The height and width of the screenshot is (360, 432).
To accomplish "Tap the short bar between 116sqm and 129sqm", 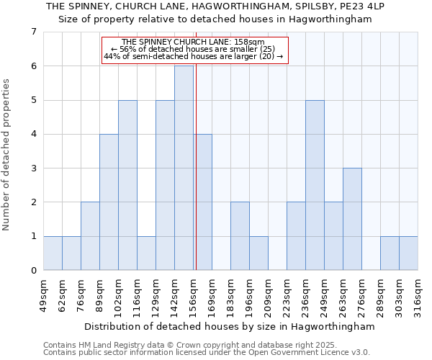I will point(146,253).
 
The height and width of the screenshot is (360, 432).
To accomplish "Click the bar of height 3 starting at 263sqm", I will point(352,219).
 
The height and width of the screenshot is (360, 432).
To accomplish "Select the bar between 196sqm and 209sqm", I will point(258,253).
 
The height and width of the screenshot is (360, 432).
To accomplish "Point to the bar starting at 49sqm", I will point(53,253).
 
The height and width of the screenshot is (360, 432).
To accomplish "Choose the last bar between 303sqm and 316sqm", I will point(408,253).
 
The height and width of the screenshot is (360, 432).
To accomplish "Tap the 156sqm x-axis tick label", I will point(193,293).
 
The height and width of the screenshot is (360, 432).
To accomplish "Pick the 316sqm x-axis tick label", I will point(418,293).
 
